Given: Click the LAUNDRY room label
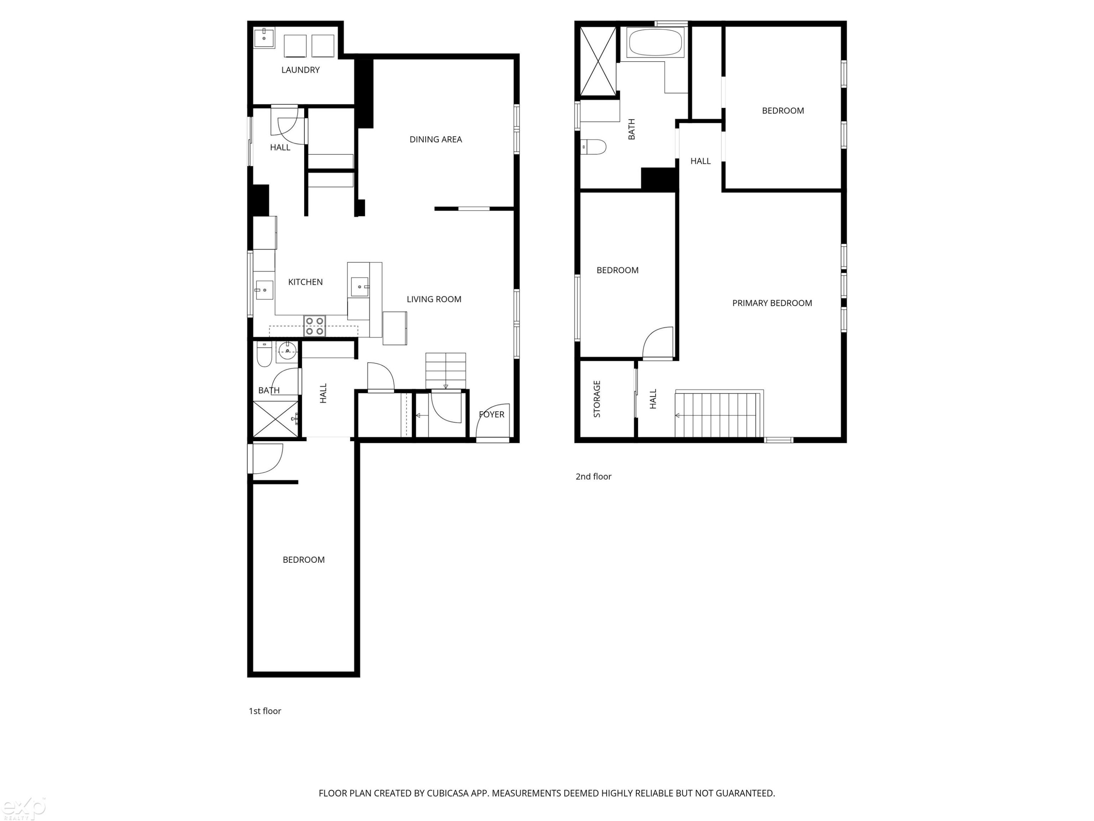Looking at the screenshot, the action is [300, 70].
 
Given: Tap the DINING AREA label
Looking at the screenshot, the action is [436, 139].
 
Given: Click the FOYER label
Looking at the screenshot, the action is [492, 414].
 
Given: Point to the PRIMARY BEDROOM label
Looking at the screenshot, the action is [772, 303].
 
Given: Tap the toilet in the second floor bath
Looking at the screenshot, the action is [593, 147].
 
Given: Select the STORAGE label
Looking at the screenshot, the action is [597, 399].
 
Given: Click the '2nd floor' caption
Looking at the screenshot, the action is [593, 477].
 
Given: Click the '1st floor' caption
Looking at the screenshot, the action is [265, 711].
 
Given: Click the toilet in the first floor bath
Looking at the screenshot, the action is [264, 354].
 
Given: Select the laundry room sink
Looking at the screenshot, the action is [264, 38].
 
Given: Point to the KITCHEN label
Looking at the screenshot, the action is [305, 282].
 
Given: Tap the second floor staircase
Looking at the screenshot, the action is [719, 414].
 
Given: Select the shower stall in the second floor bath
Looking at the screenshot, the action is [598, 61].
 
